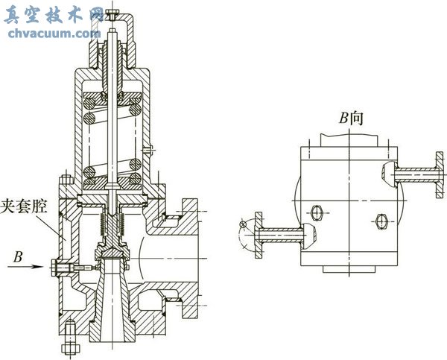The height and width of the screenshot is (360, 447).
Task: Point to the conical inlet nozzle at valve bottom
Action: coord(112,298)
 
